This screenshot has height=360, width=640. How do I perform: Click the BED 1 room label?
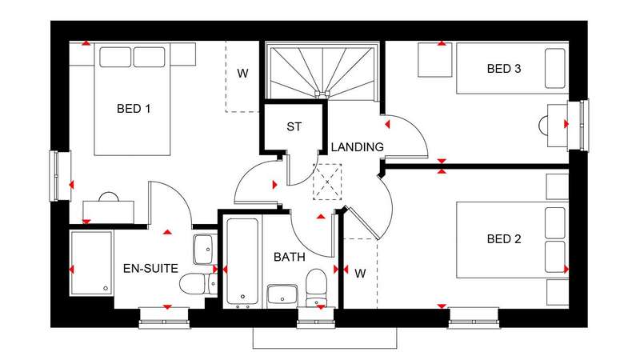click(134, 109)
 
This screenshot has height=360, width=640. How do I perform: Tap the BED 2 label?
click(504, 238)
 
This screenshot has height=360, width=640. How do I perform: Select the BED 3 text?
click(504, 69)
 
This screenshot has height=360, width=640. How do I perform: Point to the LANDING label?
click(357, 147)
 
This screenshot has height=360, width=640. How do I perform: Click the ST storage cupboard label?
click(294, 127)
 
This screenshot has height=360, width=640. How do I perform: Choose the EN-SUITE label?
click(150, 269)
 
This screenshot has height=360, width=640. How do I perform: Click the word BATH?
click(290, 257)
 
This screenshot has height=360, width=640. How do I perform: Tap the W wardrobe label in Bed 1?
click(242, 74)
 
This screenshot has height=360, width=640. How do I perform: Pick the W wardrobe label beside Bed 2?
click(360, 274)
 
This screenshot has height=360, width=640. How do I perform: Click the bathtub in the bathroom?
click(242, 262)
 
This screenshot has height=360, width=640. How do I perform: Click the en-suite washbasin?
click(205, 250)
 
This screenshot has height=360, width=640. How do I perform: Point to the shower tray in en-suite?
click(91, 263)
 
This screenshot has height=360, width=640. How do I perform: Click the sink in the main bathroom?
click(282, 296)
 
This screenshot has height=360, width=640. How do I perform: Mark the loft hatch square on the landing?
click(327, 182)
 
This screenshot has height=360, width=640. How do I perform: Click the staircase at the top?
click(323, 71)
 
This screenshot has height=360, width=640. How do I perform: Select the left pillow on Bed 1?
click(115, 57)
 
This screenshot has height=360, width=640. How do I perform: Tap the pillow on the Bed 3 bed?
click(555, 69)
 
